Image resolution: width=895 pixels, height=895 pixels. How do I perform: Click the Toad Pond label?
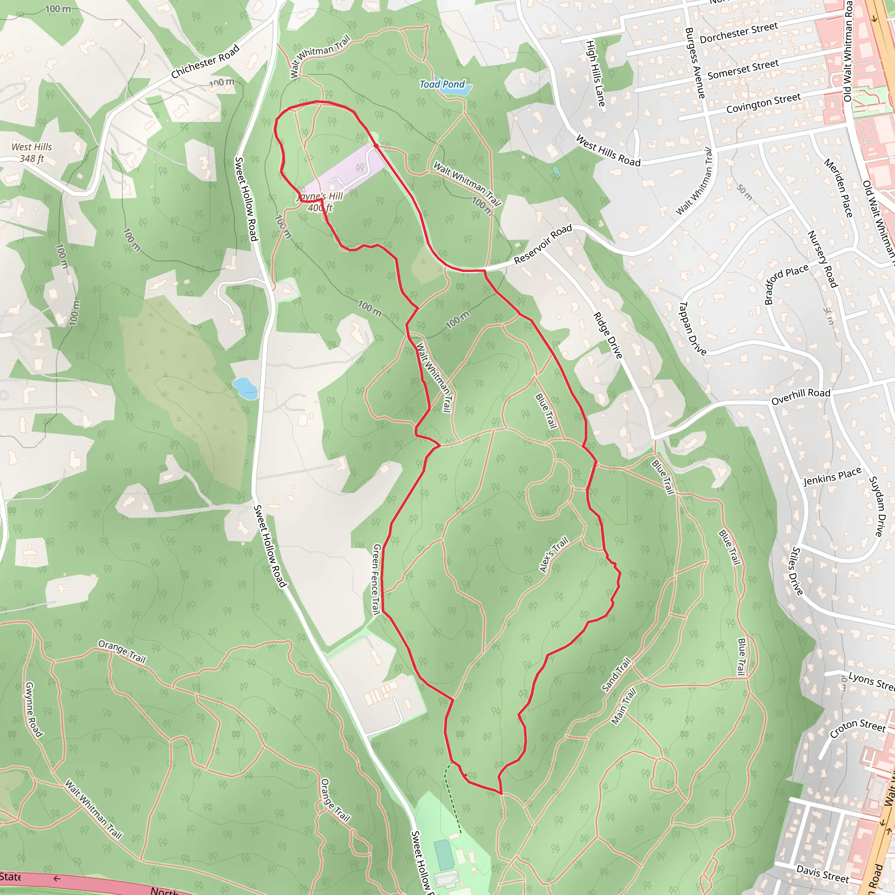[442, 84]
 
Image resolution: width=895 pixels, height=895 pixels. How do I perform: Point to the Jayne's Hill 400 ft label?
[320, 202]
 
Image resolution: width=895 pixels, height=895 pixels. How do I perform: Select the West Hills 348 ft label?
[31, 153]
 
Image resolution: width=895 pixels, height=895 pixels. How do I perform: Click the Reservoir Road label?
[543, 244]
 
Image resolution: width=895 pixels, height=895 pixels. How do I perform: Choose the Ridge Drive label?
[608, 335]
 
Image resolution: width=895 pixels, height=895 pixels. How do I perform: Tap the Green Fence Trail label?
[377, 579]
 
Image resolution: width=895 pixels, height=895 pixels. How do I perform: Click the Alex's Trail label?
[554, 555]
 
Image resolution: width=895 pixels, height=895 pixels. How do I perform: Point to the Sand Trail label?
[617, 674]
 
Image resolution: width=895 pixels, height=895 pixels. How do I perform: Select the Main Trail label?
[624, 706]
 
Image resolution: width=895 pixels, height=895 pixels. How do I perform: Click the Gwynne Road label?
[34, 709]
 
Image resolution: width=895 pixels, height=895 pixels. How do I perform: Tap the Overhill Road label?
[801, 396]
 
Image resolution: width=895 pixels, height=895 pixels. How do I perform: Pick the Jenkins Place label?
[833, 476]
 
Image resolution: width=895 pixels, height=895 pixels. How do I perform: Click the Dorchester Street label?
[739, 33]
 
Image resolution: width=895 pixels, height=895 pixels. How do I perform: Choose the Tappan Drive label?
[692, 329]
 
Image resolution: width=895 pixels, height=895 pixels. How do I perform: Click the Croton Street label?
[857, 728]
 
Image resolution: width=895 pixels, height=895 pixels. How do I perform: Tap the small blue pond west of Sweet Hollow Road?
[245, 388]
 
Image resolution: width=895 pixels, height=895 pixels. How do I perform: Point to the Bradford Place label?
[786, 284]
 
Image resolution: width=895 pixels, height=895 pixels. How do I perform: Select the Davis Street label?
[823, 873]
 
